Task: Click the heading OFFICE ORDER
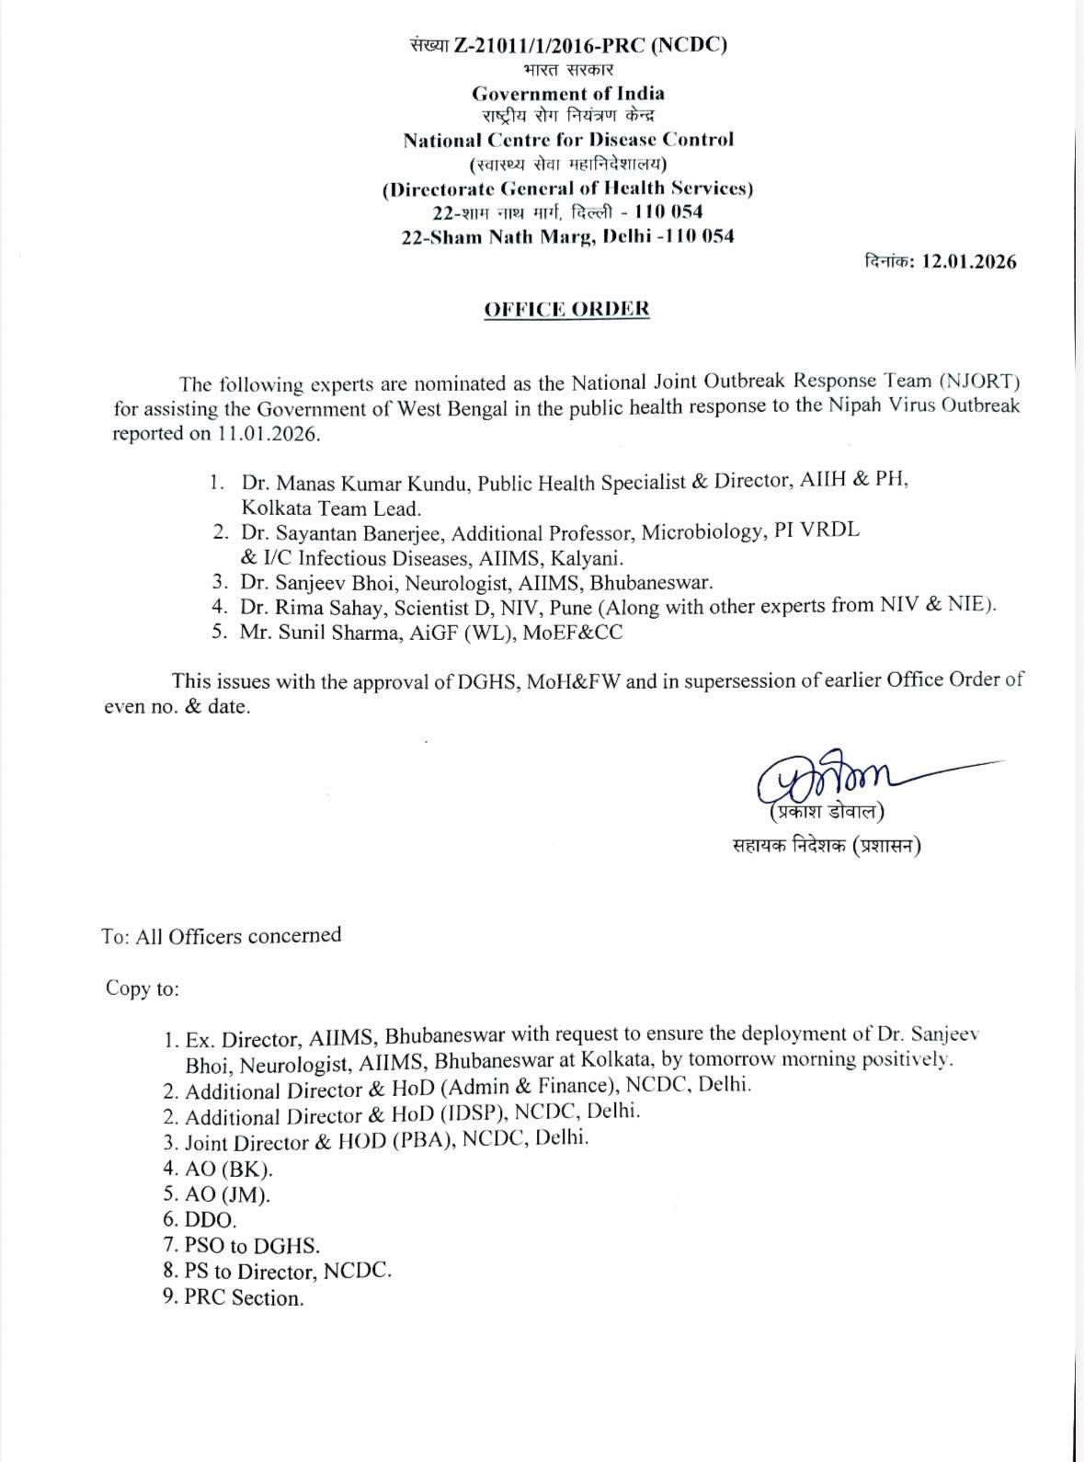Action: pyautogui.click(x=566, y=309)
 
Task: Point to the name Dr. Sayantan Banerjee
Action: pyautogui.click(x=343, y=532)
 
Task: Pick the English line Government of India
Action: pyautogui.click(x=567, y=93)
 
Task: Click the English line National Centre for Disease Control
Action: pyautogui.click(x=567, y=140)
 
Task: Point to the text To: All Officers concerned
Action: pyautogui.click(x=222, y=936)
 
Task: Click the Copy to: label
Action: pyautogui.click(x=143, y=988)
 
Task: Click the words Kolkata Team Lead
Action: pyautogui.click(x=331, y=507)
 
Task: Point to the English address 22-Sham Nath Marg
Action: pyautogui.click(x=500, y=236)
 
